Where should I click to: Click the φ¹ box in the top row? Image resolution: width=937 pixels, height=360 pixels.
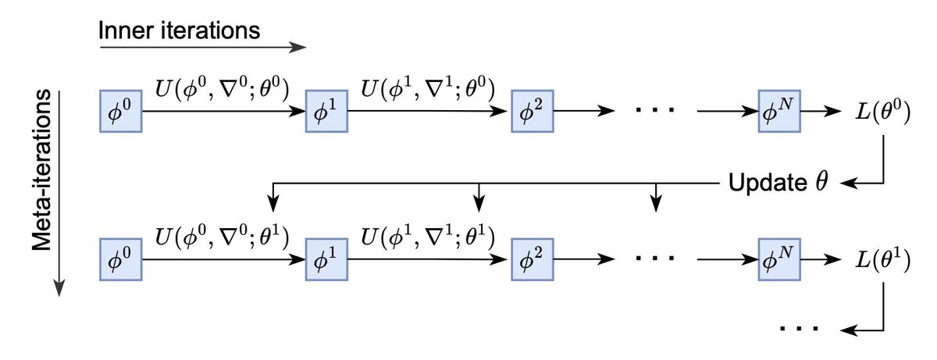[x=325, y=112]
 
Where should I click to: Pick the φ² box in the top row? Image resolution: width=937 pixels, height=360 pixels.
[x=531, y=112]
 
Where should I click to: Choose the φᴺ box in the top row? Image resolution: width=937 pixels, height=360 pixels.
[x=780, y=112]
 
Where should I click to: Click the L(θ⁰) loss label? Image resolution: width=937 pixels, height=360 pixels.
[x=881, y=112]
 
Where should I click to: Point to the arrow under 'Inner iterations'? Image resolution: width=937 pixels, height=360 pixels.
[x=201, y=49]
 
